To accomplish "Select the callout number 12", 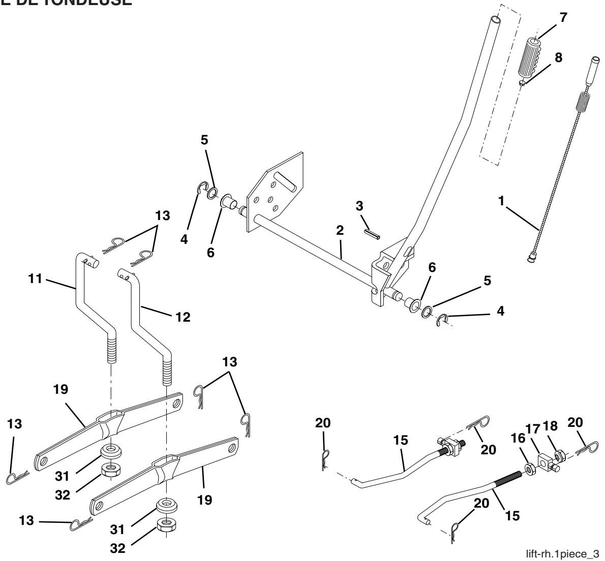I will tap(182, 317).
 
